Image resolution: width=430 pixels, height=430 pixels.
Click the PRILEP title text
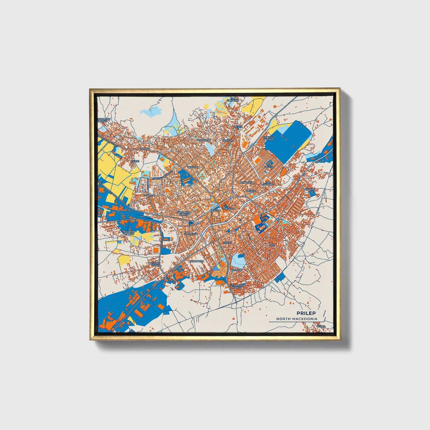306,313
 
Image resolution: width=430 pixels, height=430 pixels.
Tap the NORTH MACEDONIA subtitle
296,319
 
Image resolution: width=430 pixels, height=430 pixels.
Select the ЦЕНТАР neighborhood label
215,210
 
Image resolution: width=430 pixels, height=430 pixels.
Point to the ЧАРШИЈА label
229,209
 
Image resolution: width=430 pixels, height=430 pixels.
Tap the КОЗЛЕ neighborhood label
135,161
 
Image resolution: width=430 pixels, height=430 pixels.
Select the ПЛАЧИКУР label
204,140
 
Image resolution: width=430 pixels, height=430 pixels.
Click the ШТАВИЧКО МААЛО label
237,286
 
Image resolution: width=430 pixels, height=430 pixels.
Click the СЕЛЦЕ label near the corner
320,326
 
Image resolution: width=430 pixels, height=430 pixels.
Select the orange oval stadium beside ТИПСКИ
283,172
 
